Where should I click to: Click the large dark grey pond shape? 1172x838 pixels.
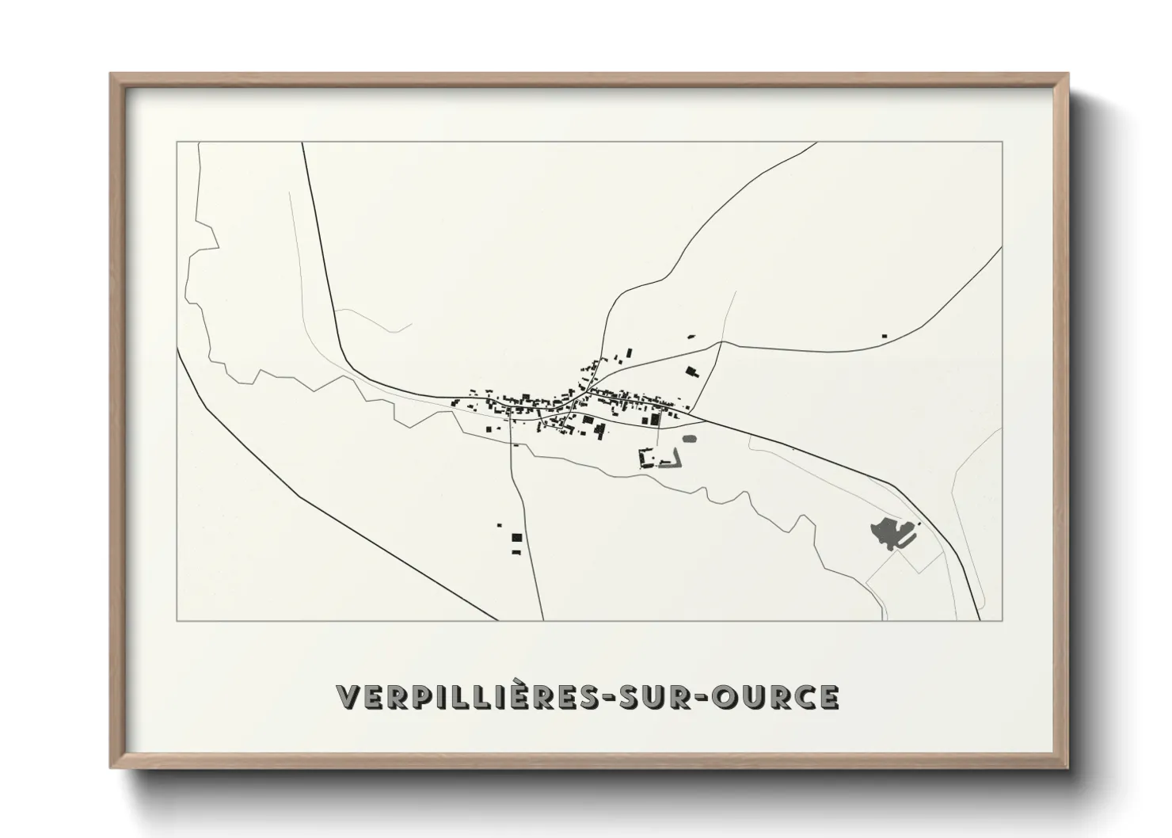pyautogui.click(x=887, y=533)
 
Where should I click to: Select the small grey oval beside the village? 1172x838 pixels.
pyautogui.click(x=689, y=437)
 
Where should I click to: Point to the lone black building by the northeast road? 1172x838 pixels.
pyautogui.click(x=884, y=337)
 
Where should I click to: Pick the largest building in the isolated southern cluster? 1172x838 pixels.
pyautogui.click(x=516, y=538)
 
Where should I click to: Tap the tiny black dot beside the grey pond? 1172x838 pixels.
pyautogui.click(x=919, y=524)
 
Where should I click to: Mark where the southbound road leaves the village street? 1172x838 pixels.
pyautogui.click(x=511, y=419)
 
